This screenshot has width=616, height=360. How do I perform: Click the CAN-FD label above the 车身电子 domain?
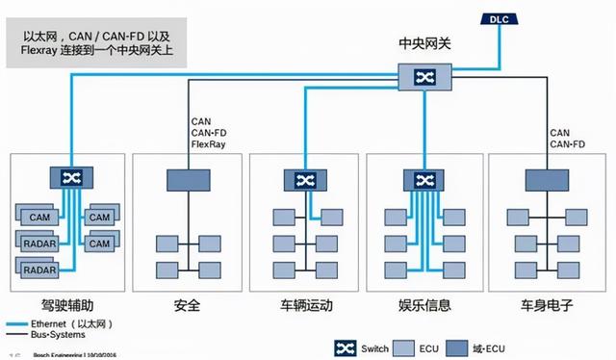coord(567,144)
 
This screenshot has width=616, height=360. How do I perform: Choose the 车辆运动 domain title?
coord(306,306)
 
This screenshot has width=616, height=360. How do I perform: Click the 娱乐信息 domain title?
coord(425,306)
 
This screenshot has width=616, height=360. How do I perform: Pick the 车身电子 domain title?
coord(548,306)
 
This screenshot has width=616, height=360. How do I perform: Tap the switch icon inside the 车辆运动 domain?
coord(305,179)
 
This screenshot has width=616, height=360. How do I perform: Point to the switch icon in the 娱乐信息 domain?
coord(424,179)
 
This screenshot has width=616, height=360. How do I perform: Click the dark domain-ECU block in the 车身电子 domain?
coord(546,179)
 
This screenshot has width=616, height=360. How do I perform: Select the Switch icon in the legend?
coord(344,347)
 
